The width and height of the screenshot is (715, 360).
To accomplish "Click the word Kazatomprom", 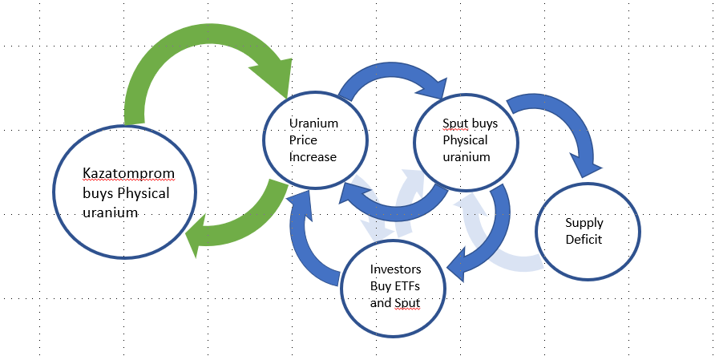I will [128, 173].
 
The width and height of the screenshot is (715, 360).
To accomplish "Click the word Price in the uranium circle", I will [303, 140].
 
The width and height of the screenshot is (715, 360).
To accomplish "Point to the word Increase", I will [313, 156].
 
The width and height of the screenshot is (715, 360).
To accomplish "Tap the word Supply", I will [584, 222].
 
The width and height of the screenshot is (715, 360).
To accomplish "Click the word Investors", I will [396, 269].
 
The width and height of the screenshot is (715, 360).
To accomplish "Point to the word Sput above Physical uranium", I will [455, 124].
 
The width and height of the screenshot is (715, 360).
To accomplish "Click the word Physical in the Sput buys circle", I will [465, 140].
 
